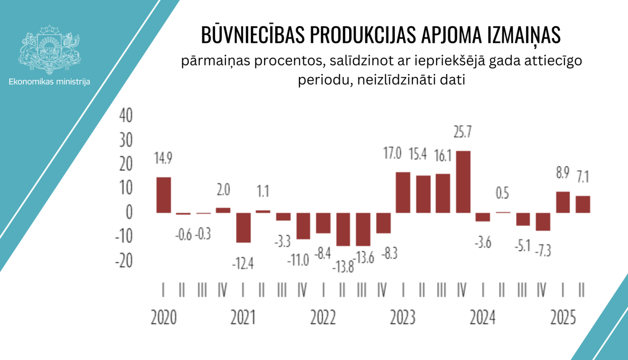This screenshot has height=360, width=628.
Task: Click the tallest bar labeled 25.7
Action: (x=463, y=182)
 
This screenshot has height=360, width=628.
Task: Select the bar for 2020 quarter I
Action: (x=164, y=195)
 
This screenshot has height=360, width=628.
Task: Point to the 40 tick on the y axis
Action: (x=126, y=116)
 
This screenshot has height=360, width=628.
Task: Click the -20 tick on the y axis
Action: (x=124, y=261)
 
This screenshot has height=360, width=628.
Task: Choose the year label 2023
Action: (x=402, y=318)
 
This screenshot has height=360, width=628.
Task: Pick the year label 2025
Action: (x=563, y=318)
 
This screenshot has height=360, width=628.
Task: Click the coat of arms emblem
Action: (x=49, y=49)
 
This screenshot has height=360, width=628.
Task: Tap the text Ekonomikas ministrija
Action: (x=49, y=82)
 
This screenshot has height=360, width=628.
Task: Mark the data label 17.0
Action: (x=392, y=154)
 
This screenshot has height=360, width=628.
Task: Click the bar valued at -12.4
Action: (x=243, y=227)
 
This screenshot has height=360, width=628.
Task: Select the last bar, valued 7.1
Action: (x=583, y=204)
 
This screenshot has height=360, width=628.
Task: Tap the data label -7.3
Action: (x=543, y=251)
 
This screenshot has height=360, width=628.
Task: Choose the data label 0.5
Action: (x=502, y=193)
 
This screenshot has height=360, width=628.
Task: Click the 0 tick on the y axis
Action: (x=129, y=212)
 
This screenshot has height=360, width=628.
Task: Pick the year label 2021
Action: (x=243, y=318)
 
